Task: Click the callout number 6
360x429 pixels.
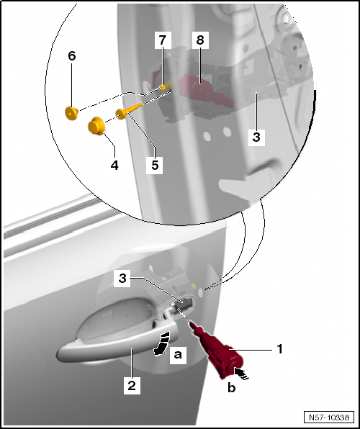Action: point(72,56)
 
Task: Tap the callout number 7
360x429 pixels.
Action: point(163,40)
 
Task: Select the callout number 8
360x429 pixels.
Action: point(200,40)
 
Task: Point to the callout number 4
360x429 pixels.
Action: point(114,166)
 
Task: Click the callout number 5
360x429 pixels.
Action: point(155,166)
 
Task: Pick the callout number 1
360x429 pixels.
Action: point(279,349)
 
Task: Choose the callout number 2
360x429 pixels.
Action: point(132,386)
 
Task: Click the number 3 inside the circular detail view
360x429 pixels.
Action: point(256,137)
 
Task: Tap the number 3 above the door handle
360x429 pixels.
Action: point(122,279)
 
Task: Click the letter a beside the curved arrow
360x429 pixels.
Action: point(178,355)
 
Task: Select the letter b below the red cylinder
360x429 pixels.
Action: point(232,387)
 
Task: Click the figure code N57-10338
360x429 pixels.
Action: point(329,417)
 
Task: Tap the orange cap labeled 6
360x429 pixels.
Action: point(72,113)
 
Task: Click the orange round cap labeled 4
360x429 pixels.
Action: point(96,126)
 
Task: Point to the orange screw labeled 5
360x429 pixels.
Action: point(129,110)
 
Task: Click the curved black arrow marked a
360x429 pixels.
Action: point(163,343)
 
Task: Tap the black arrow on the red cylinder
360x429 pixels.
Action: point(242,374)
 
